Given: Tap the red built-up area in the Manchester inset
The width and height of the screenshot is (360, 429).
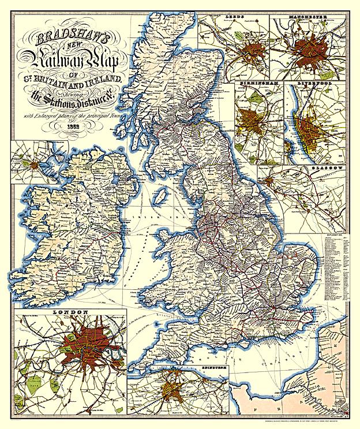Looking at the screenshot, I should coord(312,52).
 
